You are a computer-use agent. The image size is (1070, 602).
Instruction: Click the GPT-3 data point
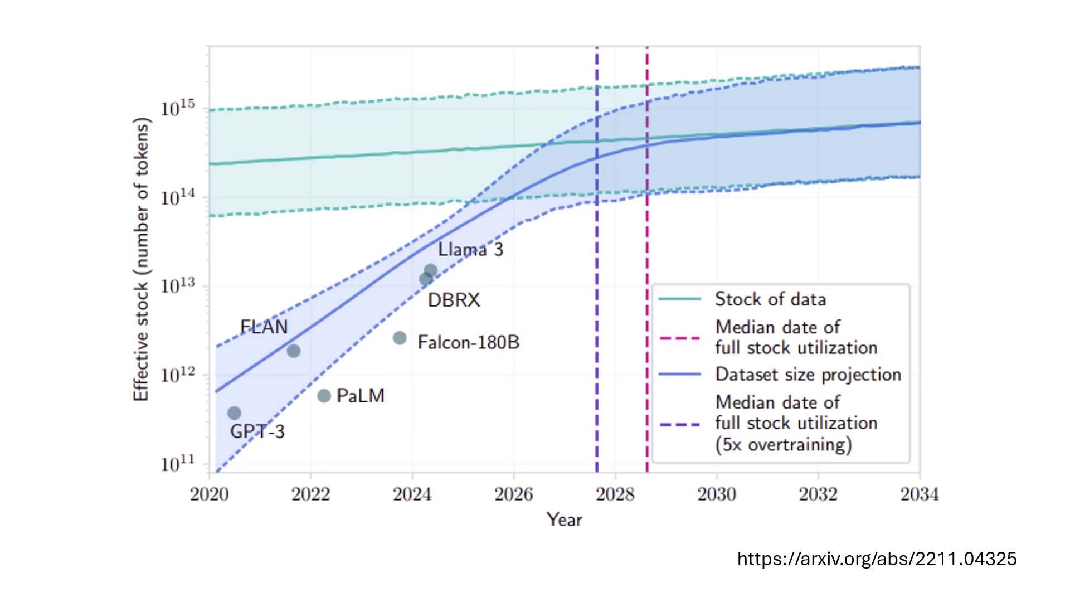tap(234, 413)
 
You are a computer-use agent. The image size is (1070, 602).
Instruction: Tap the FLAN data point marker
tap(294, 351)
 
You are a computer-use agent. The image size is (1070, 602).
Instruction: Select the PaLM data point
tap(324, 396)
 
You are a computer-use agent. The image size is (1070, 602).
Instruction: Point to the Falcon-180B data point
tap(400, 338)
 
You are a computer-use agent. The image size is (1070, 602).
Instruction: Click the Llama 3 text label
tap(470, 249)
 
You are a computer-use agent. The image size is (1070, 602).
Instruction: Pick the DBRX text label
tap(454, 300)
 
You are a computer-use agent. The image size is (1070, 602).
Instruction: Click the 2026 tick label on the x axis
tap(513, 494)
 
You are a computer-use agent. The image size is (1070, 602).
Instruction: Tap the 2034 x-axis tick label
tap(920, 494)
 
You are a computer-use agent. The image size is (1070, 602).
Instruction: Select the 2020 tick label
tap(209, 494)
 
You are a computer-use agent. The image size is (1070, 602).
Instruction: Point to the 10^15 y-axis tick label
tap(178, 108)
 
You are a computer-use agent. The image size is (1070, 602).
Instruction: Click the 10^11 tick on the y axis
tap(178, 464)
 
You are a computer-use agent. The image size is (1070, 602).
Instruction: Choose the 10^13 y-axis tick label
tap(178, 286)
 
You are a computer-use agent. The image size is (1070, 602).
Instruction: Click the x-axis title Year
tap(564, 520)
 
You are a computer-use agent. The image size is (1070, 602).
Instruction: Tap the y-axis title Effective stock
tap(142, 259)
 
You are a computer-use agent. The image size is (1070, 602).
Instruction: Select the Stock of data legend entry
tap(770, 299)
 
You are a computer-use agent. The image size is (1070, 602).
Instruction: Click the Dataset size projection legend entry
tap(808, 375)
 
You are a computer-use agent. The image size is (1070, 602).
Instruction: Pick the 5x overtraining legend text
tap(784, 444)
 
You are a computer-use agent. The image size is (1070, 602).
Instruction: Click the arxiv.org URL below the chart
tap(877, 559)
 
